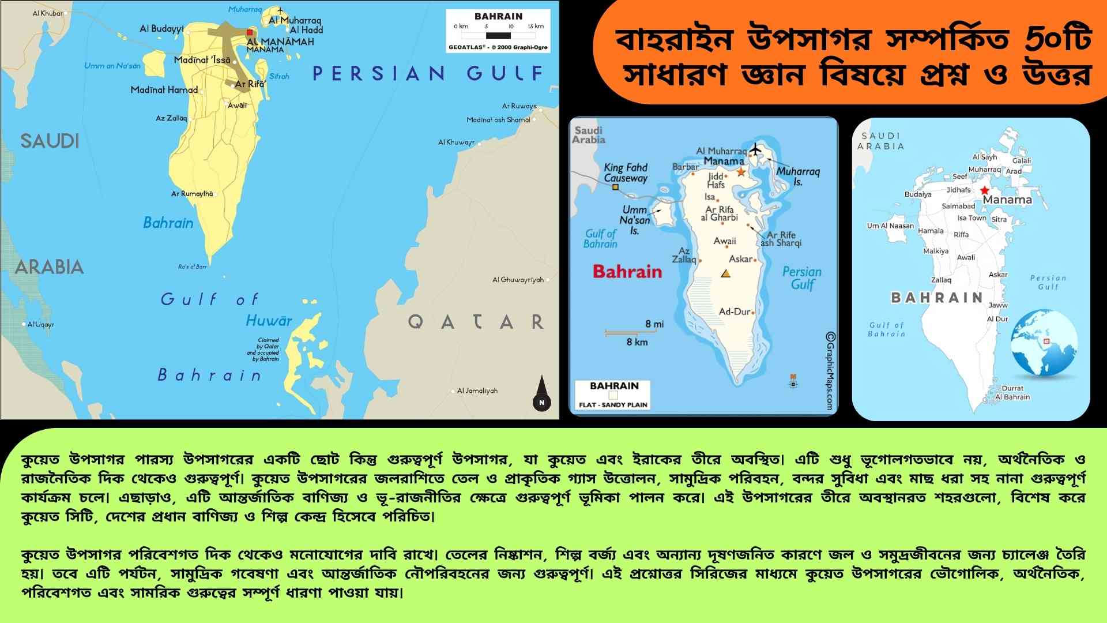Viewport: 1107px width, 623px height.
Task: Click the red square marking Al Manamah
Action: point(250,33)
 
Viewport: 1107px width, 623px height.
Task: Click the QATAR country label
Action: point(476,321)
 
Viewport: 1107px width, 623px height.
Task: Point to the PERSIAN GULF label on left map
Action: point(428,73)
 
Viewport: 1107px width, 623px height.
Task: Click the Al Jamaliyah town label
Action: point(477,391)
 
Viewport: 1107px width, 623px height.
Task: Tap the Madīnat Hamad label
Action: point(164,90)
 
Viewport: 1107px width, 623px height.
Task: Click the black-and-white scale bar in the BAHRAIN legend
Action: point(499,35)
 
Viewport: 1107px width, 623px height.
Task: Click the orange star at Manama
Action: point(741,172)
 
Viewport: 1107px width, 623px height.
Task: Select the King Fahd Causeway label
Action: point(626,172)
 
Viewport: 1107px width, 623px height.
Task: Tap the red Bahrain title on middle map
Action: point(627,272)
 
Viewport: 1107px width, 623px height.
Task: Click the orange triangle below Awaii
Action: point(726,273)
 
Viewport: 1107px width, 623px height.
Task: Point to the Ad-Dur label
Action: point(735,311)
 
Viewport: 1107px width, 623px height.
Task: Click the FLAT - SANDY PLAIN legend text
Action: point(613,404)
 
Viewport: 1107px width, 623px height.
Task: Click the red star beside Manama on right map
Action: point(984,190)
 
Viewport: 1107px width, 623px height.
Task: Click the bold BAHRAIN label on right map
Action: point(937,298)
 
